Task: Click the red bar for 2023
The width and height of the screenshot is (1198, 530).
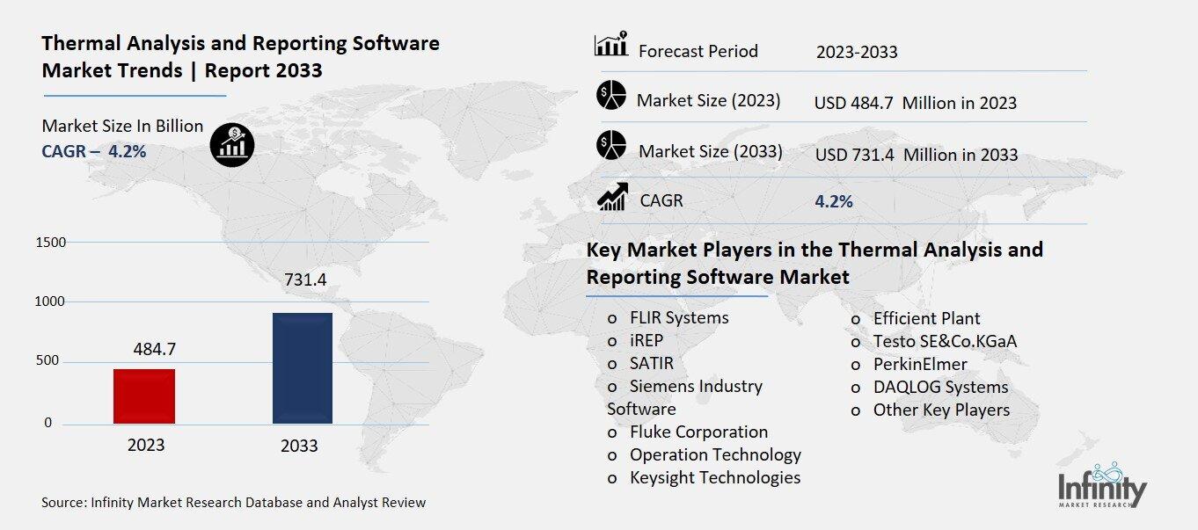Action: [x=144, y=396]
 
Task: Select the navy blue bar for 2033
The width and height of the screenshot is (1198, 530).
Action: [x=302, y=367]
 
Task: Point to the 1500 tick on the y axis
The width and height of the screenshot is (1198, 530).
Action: [x=50, y=242]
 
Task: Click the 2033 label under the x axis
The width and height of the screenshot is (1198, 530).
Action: [x=299, y=446]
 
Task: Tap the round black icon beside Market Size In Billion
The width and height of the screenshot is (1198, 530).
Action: [x=232, y=144]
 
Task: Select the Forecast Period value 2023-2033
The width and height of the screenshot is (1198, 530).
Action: [x=856, y=52]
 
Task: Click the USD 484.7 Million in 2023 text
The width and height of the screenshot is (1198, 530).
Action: [x=915, y=103]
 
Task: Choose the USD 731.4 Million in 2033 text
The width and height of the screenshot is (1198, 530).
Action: [x=916, y=155]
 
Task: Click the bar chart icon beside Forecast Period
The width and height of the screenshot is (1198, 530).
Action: [x=611, y=45]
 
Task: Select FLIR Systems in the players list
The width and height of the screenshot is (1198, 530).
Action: [x=678, y=317]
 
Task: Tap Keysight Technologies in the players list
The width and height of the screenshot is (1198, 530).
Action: [x=714, y=477]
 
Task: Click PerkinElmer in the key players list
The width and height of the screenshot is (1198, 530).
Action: [x=919, y=364]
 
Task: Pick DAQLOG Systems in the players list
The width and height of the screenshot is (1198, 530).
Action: [x=939, y=387]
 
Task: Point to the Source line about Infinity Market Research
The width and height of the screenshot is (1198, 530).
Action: [x=233, y=503]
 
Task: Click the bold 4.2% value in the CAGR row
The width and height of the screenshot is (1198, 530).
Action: [x=834, y=201]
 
